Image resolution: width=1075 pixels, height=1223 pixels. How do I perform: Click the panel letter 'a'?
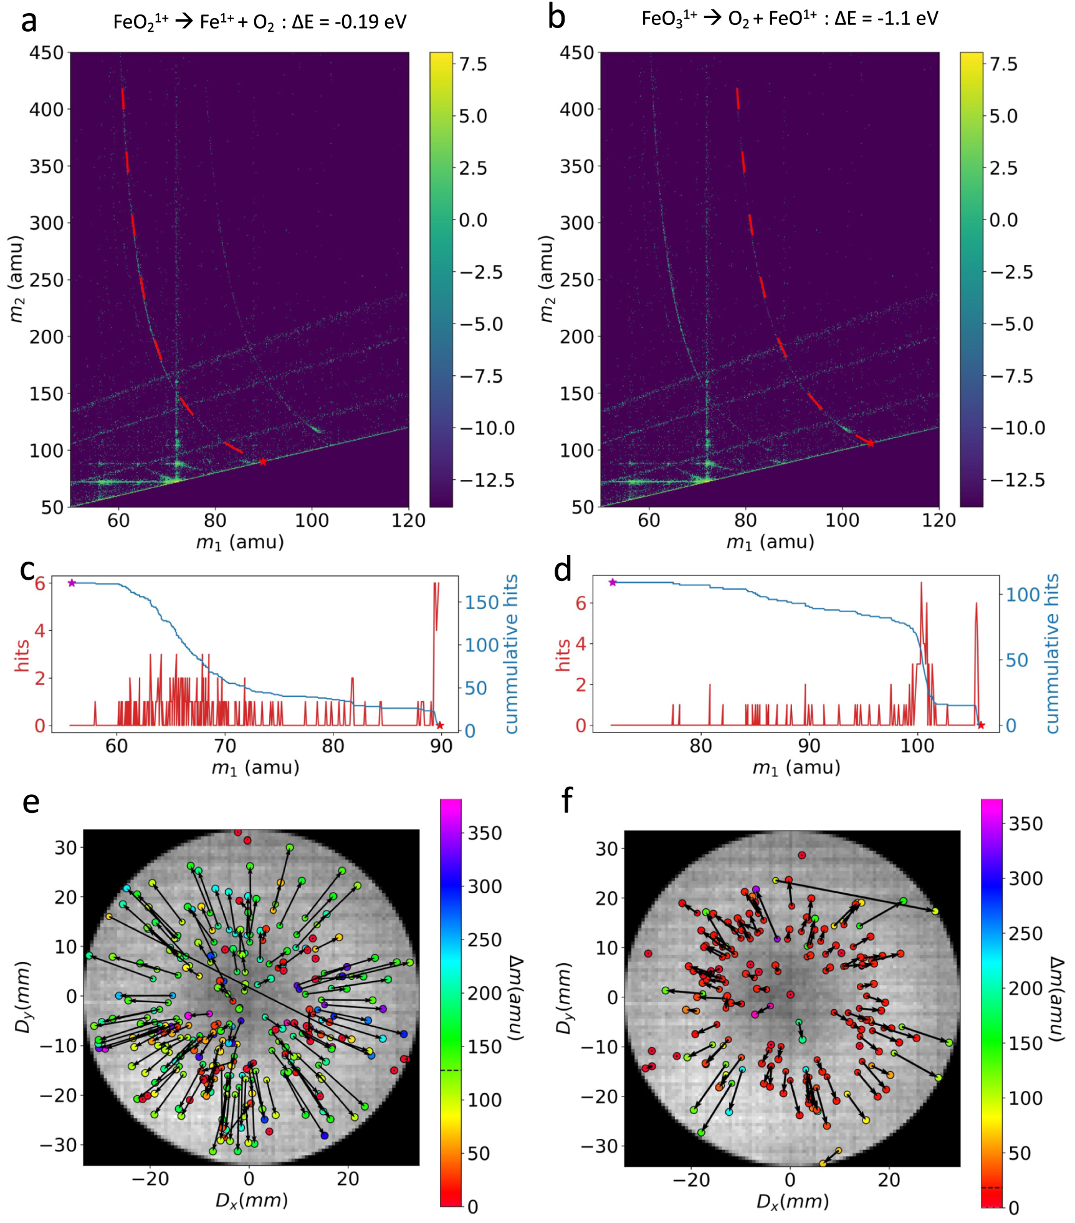click(29, 22)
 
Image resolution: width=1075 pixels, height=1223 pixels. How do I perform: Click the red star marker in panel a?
click(263, 462)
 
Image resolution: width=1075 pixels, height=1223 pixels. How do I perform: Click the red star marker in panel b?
click(871, 443)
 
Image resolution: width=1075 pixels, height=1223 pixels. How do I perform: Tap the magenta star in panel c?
click(72, 583)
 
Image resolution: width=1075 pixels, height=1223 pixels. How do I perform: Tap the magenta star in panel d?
click(613, 582)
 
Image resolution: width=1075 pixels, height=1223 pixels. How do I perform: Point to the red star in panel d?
click(981, 725)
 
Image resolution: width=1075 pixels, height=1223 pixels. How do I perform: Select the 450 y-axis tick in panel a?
click(47, 53)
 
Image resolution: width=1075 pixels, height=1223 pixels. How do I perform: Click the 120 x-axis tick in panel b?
click(939, 520)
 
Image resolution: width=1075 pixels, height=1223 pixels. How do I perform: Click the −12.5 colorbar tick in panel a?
click(487, 480)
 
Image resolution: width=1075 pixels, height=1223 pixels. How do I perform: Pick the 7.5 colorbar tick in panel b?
click(1003, 64)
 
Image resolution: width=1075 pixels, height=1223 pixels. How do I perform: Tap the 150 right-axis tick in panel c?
click(482, 603)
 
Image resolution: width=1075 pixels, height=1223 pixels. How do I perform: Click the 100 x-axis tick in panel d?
click(917, 746)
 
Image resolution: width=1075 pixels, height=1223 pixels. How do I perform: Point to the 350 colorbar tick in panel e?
click(485, 833)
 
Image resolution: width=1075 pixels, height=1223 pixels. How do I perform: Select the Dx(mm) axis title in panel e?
click(252, 1200)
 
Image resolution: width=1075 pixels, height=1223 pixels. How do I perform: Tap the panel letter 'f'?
click(566, 800)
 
